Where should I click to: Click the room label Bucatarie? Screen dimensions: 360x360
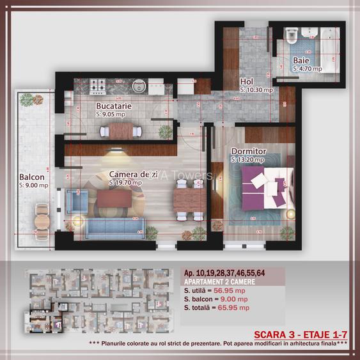pyautogui.click(x=114, y=106)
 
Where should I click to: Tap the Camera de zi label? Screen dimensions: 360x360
pyautogui.click(x=129, y=174)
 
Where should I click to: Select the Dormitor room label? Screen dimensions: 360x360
pyautogui.click(x=249, y=152)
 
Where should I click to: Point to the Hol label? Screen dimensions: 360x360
pyautogui.click(x=247, y=82)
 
